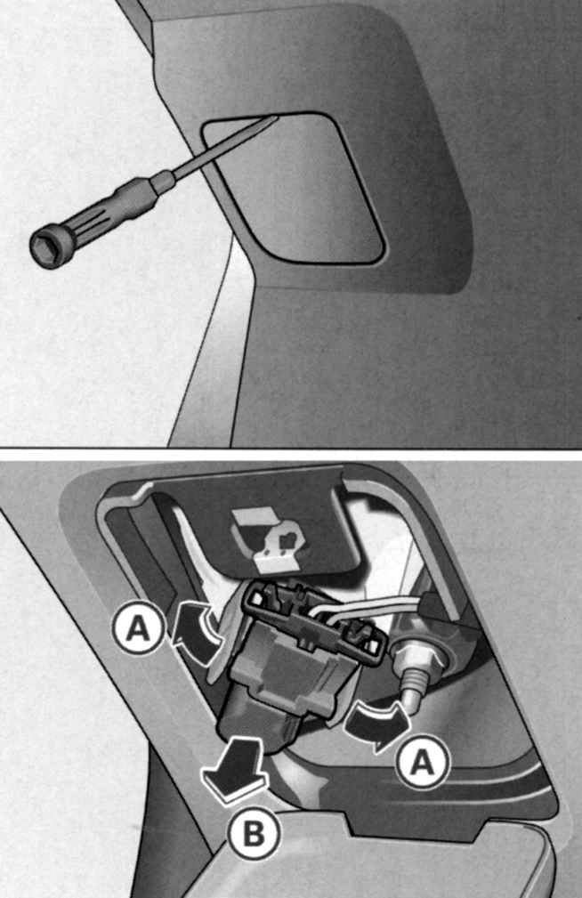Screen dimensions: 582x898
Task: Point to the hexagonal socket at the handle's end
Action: [x=45, y=250]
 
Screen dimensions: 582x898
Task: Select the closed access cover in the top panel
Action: [x=292, y=188]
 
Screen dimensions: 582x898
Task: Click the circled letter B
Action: [x=255, y=835]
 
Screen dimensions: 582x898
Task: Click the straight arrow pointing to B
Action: [x=234, y=768]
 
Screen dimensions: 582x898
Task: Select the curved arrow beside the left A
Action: [x=195, y=629]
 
